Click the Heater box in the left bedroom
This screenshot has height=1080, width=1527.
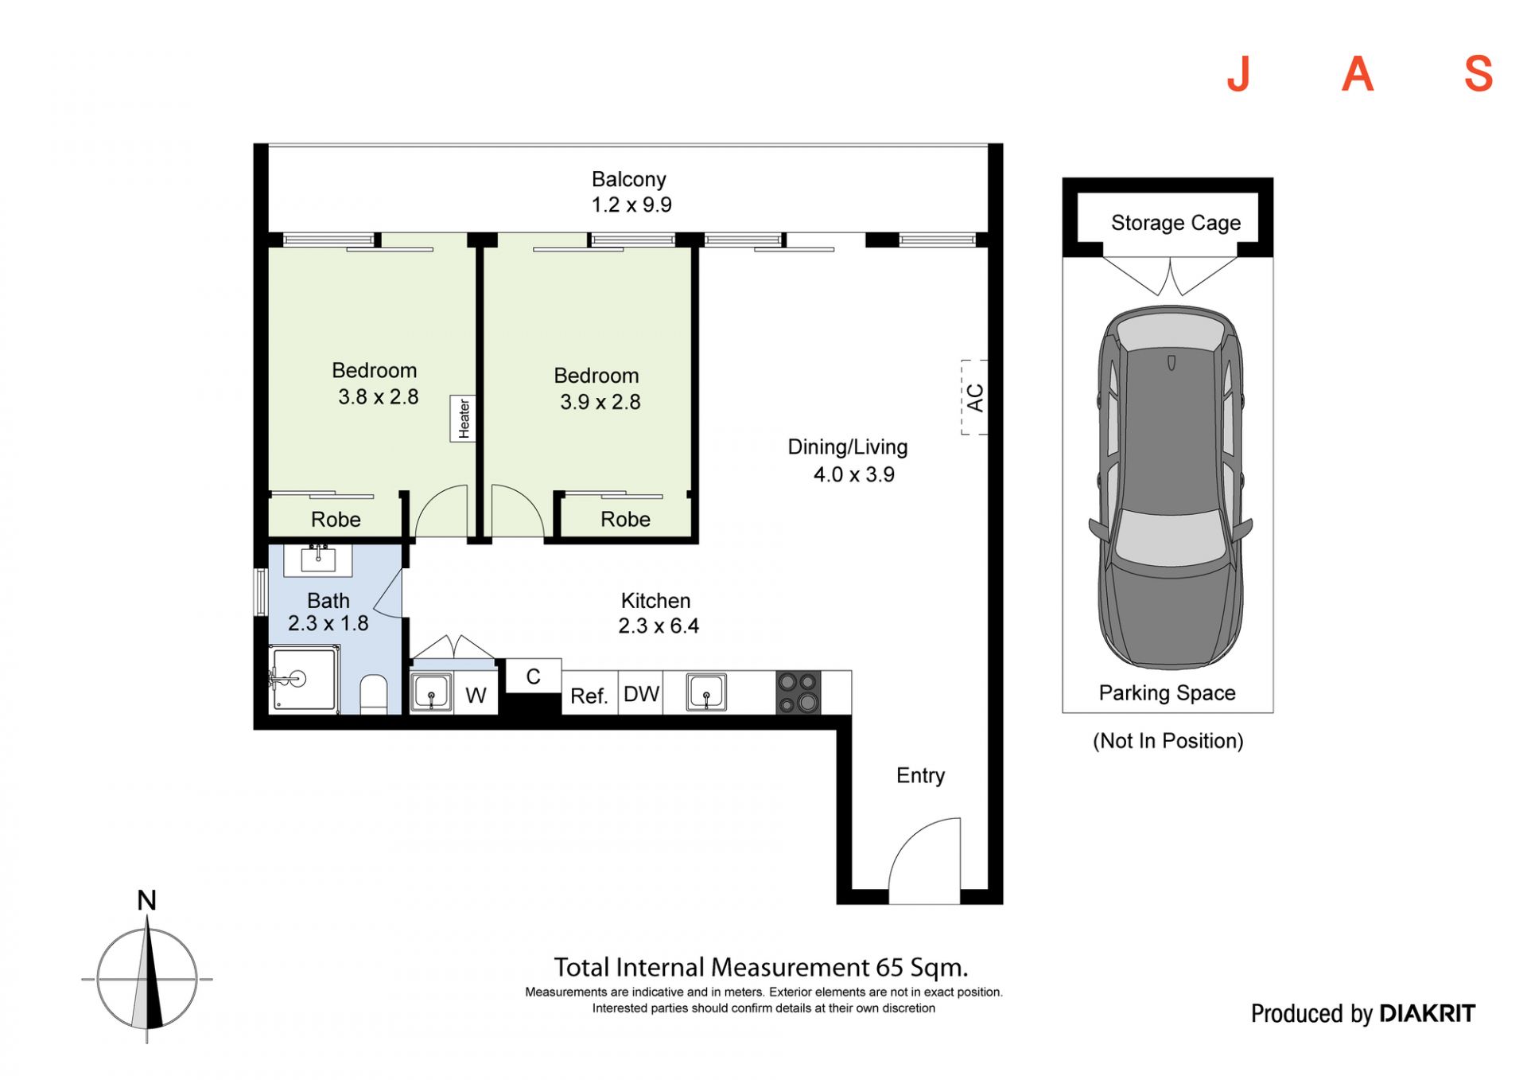463,419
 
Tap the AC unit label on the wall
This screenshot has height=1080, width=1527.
975,397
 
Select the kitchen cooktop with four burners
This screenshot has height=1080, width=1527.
798,692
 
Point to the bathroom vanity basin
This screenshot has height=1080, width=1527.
318,559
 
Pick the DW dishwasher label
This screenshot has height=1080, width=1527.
641,694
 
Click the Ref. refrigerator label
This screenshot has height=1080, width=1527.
589,696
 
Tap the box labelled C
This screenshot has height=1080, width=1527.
534,676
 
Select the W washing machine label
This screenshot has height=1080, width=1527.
476,696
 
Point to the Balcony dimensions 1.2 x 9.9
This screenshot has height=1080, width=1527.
631,205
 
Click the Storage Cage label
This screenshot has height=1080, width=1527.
1175,223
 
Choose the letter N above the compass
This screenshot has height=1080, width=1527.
146,900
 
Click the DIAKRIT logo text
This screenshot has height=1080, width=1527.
1427,1013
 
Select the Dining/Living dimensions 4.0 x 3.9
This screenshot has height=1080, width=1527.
853,474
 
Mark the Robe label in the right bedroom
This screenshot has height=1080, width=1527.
625,519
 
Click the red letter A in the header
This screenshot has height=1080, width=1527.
1358,75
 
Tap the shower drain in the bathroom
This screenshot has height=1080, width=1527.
298,679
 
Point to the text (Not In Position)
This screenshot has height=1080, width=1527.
1168,741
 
